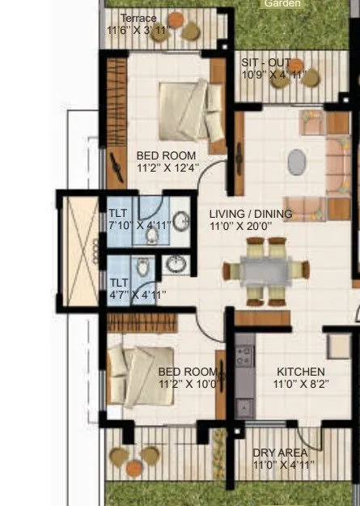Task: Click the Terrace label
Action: click(138, 18)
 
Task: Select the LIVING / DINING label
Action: click(249, 214)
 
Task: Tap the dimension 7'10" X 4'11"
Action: click(139, 225)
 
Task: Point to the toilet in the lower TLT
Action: click(142, 267)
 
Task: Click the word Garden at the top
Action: click(282, 3)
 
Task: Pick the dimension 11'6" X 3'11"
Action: click(139, 31)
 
